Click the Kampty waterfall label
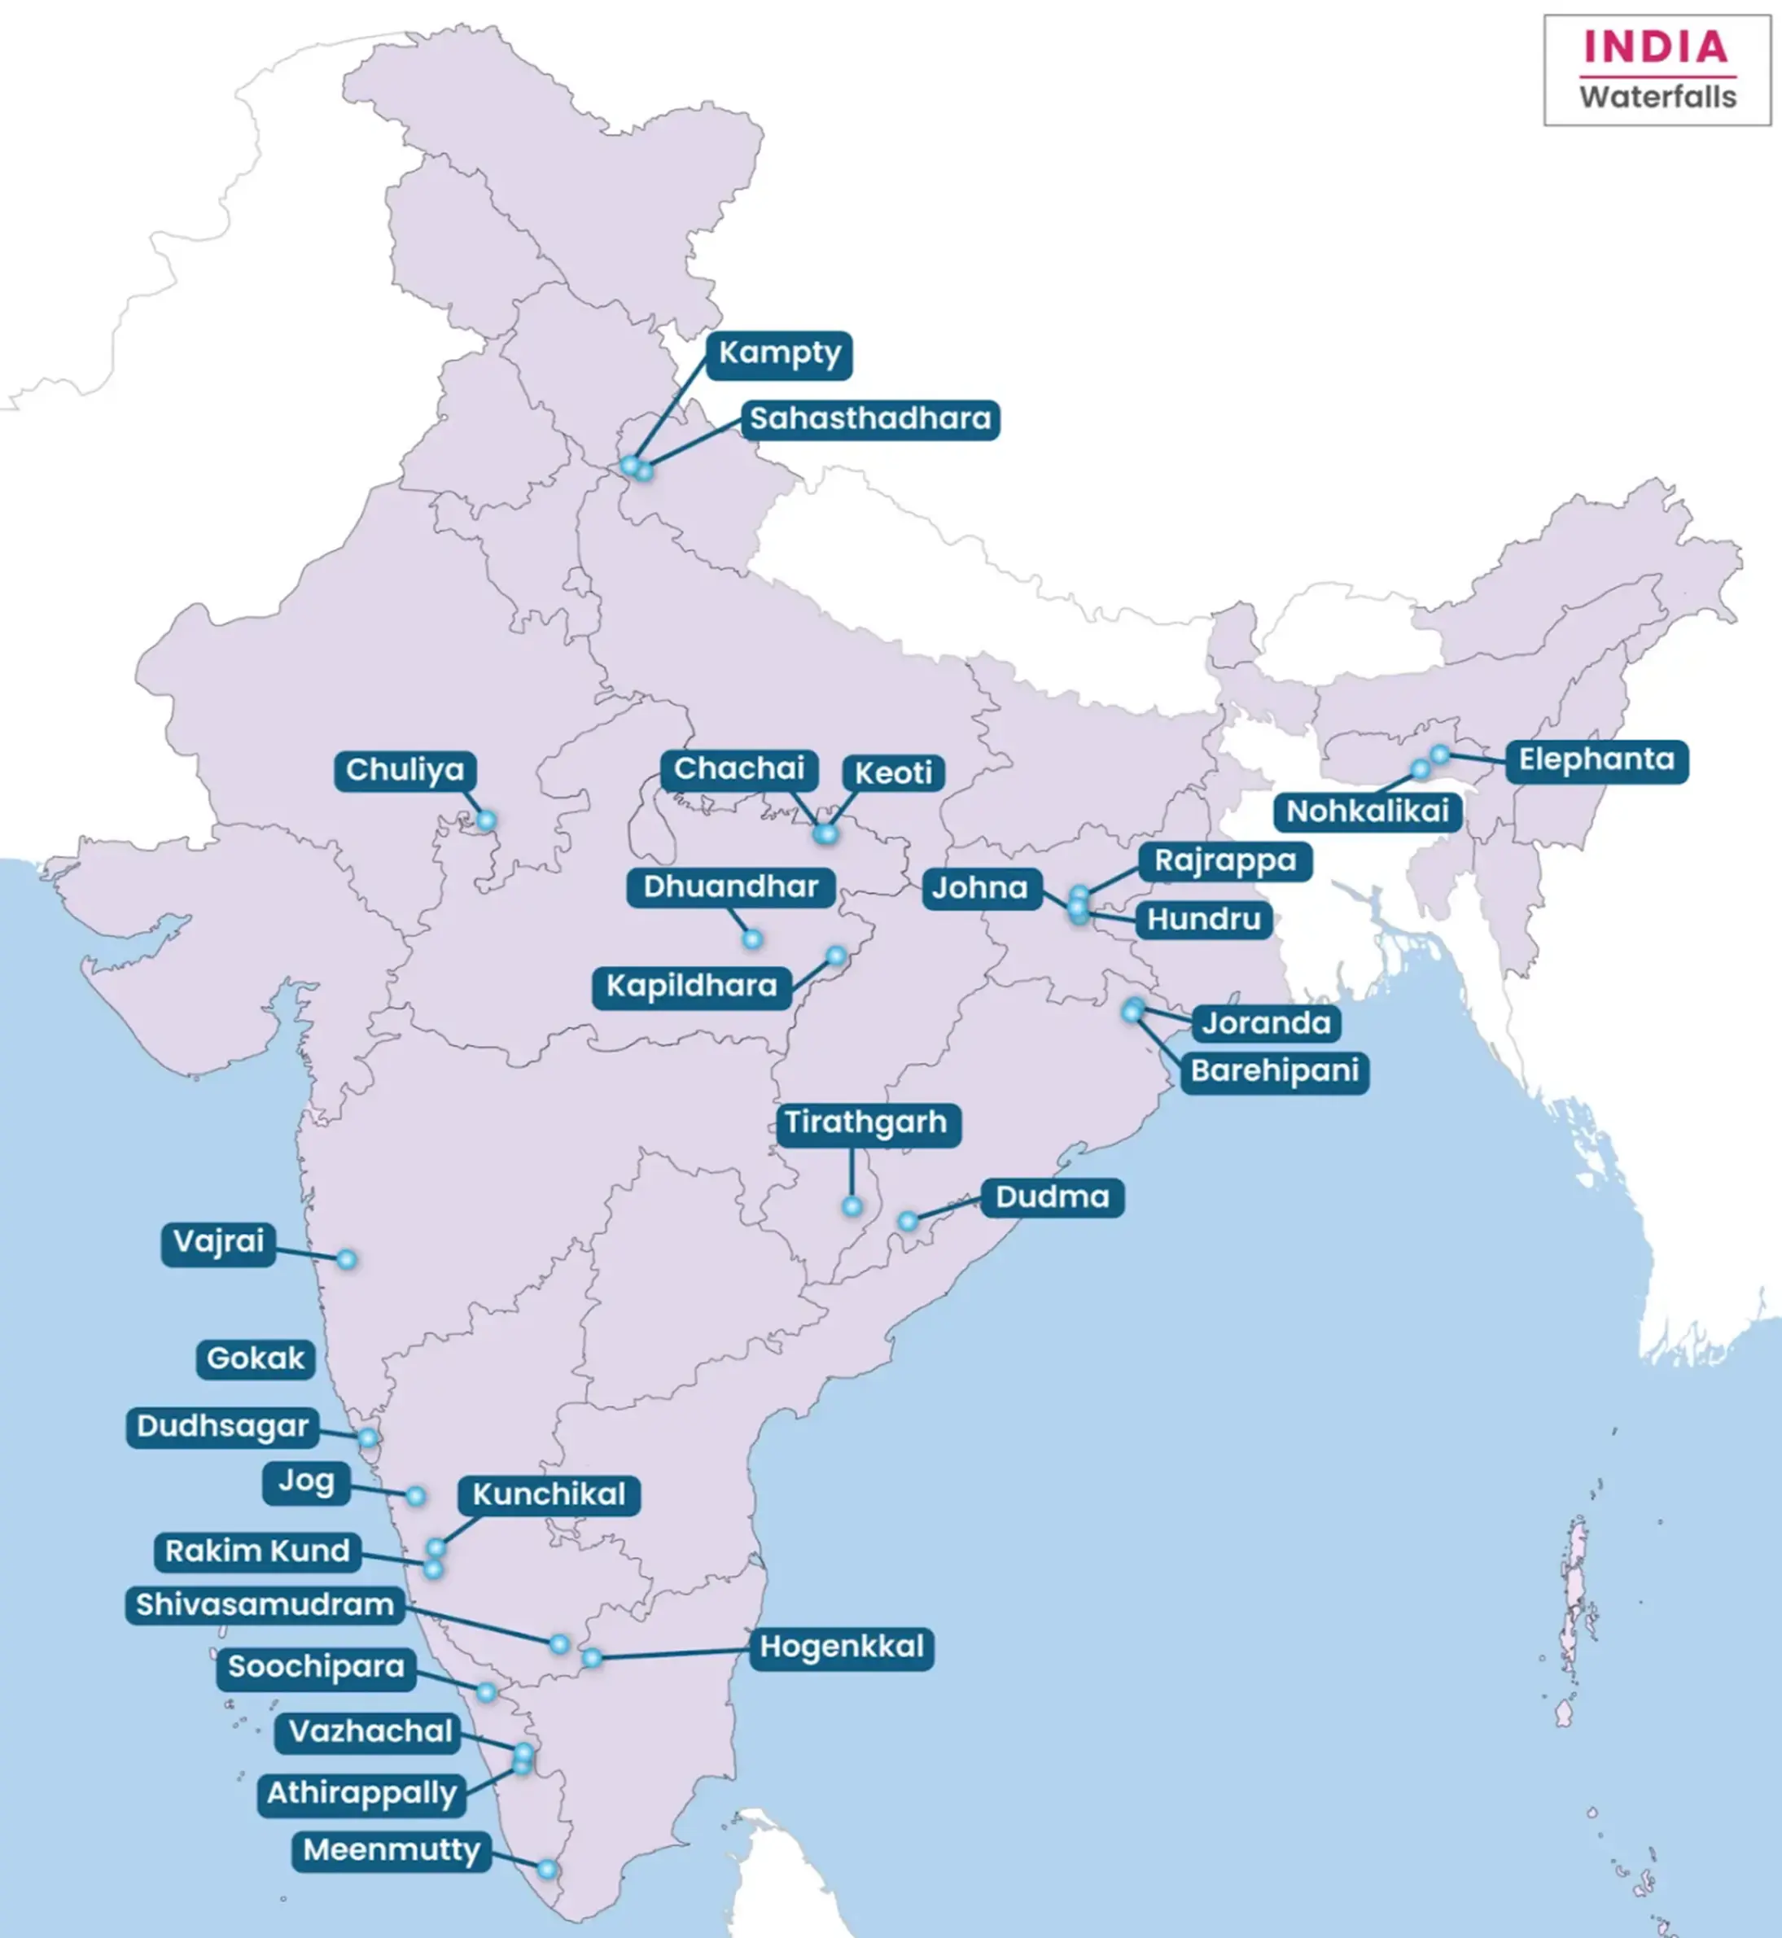[x=779, y=354]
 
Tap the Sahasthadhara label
[x=869, y=419]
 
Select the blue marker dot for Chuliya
[x=486, y=820]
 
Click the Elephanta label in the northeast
[x=1596, y=759]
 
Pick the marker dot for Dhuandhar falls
[x=752, y=939]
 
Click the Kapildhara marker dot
[x=836, y=956]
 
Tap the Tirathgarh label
[x=865, y=1123]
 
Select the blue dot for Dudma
[x=908, y=1222]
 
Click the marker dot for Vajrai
[x=346, y=1259]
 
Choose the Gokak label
[x=256, y=1358]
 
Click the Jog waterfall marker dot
[x=414, y=1495]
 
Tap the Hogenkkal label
[x=841, y=1647]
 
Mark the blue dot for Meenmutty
[x=547, y=1870]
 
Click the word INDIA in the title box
[x=1656, y=47]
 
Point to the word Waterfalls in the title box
[x=1657, y=98]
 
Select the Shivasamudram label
[x=265, y=1605]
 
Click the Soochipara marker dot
[x=486, y=1692]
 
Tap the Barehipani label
[x=1274, y=1071]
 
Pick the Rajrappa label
[x=1224, y=861]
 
